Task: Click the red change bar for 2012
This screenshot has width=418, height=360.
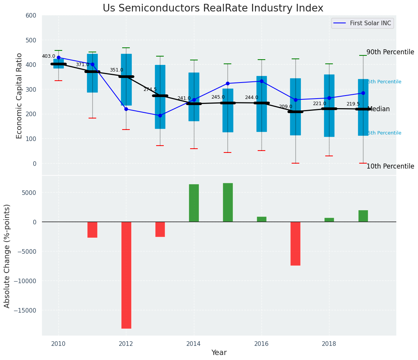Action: pos(126,275)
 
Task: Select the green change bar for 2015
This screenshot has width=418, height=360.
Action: pos(228,203)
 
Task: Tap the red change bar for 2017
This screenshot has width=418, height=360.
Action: pos(295,243)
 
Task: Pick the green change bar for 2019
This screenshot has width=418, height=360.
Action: pos(363,216)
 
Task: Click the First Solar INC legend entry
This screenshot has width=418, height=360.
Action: pos(362,23)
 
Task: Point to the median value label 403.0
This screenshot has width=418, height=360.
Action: pos(48,56)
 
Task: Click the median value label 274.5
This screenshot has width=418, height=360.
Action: pos(150,89)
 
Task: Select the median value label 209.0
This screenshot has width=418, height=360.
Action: pos(286,107)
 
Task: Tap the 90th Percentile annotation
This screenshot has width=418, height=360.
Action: pos(390,52)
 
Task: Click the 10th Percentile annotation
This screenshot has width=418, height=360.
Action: pos(390,166)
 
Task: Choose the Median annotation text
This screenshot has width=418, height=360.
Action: pos(378,109)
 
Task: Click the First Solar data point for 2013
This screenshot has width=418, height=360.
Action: pos(160,115)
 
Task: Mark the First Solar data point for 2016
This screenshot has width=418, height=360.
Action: pos(261,81)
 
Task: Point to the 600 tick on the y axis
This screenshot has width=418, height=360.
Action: pos(31,15)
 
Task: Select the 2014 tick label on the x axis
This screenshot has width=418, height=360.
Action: pos(194,344)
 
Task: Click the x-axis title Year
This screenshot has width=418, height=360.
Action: pos(219,353)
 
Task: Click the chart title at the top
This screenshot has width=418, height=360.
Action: pos(213,8)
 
